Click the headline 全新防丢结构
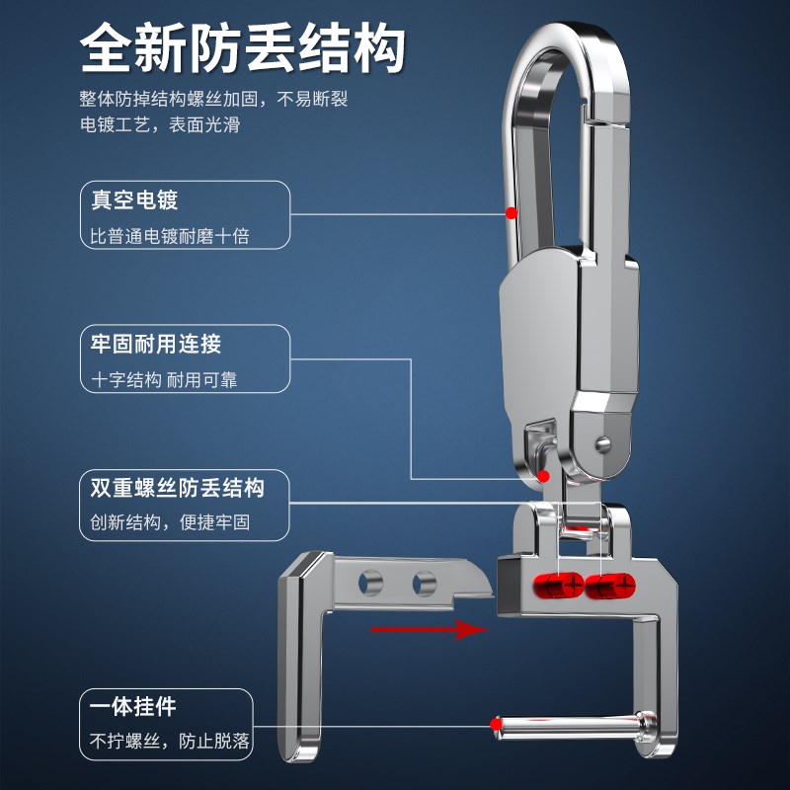pos(243,45)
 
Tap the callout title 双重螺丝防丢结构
pos(177,488)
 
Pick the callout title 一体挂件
pos(133,707)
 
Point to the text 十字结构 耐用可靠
pos(164,379)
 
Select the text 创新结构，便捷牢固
pos(170,522)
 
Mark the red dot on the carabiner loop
pos(511,212)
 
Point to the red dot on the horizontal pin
pos(494,724)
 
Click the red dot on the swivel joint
pos(543,476)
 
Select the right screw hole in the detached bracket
pos(425,583)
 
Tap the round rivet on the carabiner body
pos(603,441)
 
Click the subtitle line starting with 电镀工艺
pos(160,125)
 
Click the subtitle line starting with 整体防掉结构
pos(214,100)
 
